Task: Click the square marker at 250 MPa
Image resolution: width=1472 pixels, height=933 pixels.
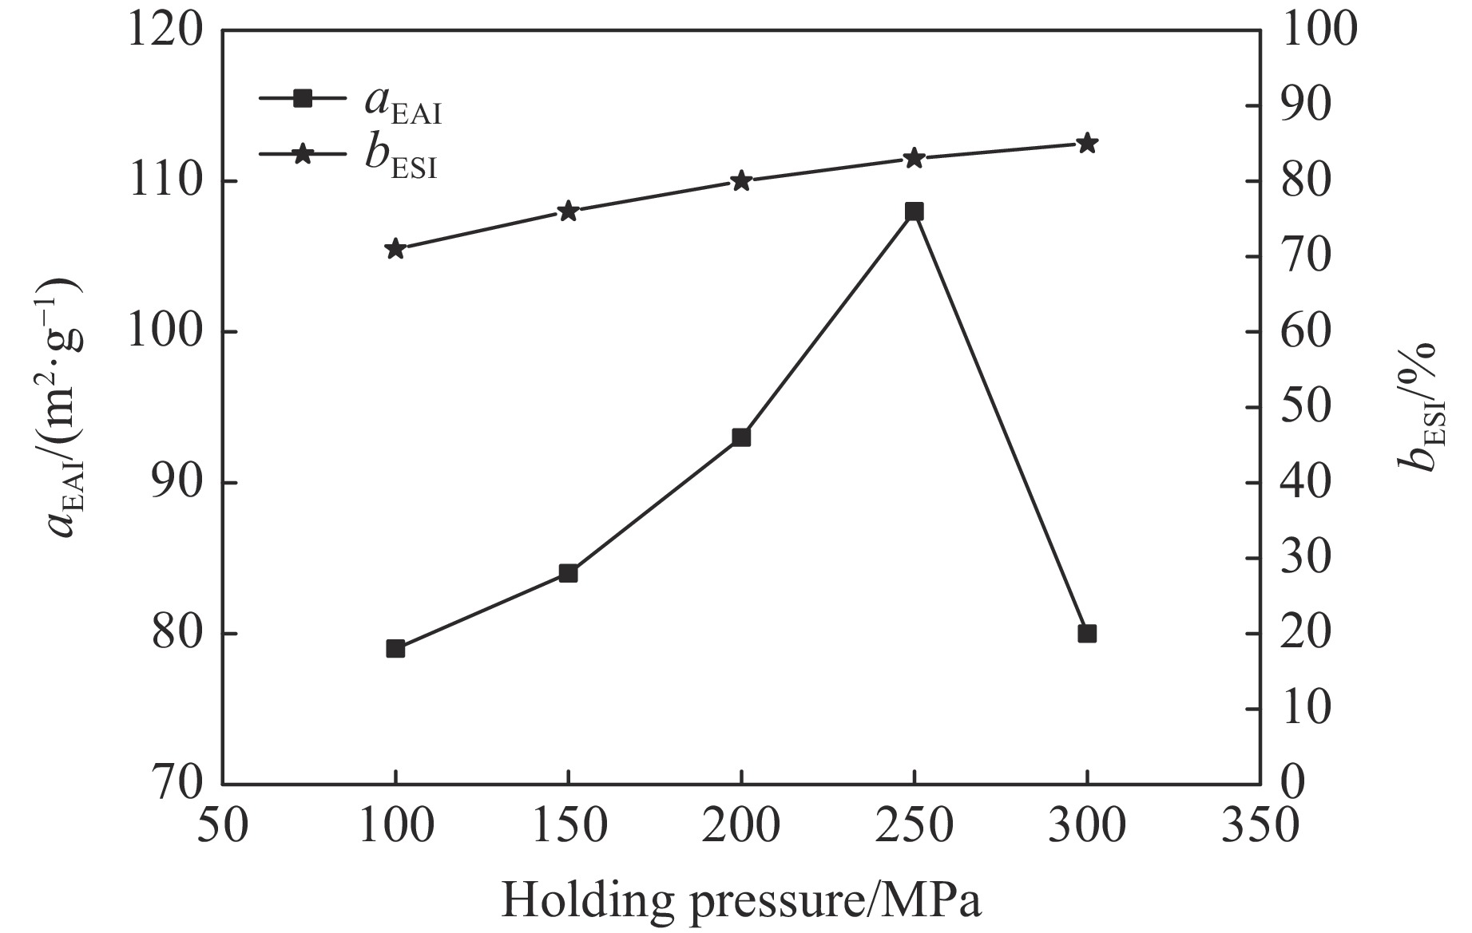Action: pos(914,212)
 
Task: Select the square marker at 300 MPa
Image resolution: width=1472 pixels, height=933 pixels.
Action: pos(1087,634)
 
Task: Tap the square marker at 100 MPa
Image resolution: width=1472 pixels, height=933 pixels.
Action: pos(395,649)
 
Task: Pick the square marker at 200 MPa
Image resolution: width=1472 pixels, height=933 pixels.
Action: pos(741,437)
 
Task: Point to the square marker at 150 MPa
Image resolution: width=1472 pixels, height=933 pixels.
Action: pos(568,573)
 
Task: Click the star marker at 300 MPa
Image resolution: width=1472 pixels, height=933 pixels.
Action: pos(1087,144)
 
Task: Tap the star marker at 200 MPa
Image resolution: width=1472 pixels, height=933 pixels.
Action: pos(741,181)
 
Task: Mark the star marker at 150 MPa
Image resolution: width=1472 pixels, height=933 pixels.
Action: pos(568,212)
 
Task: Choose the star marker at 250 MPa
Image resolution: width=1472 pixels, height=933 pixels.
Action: pos(914,158)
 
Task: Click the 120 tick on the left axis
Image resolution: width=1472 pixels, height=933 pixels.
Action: pos(165,32)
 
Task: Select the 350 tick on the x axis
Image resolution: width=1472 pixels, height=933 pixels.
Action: pos(1260,827)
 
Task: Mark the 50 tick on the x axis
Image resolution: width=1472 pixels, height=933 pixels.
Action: pos(223,827)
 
